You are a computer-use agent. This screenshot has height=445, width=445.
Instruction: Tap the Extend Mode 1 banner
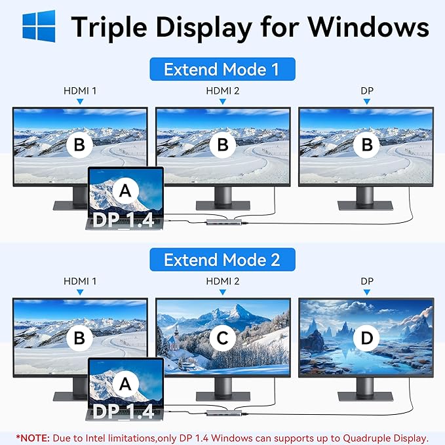pos(222,69)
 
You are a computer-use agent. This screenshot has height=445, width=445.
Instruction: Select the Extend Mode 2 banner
pos(222,260)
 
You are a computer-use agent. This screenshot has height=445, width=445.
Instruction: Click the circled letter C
pos(223,338)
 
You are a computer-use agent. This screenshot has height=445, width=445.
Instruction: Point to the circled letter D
pos(365,338)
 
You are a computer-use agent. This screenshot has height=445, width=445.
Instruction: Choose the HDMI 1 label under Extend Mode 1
pos(80,90)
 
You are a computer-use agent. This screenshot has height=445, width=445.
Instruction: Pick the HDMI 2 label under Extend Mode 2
pos(223,281)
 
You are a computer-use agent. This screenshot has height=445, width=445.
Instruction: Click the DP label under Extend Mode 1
pos(367,90)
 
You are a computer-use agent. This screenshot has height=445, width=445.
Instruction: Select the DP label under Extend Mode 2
pos(367,281)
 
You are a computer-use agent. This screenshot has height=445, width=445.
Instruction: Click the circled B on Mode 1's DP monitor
pos(365,145)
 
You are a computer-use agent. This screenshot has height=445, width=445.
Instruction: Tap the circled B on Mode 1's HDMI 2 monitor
pos(223,145)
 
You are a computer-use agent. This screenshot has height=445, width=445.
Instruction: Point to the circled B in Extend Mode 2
pos(79,338)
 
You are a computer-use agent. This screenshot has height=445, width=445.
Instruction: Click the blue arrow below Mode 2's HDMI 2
pos(223,292)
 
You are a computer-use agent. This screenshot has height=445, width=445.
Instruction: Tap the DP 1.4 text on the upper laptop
pos(124,218)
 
